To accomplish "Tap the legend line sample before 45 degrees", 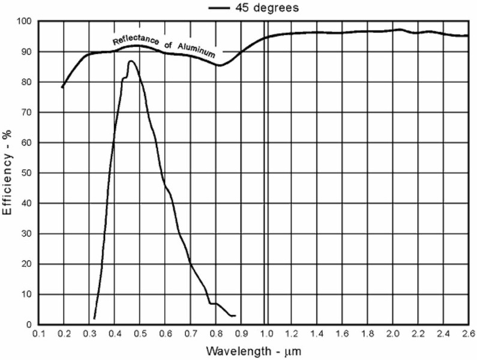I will coord(220,8).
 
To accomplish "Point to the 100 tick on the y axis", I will coord(24,22).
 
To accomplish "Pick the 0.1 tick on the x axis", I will coord(40,334).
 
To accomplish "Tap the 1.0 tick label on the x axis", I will coord(266,334).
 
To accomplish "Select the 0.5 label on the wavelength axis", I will coord(140,334).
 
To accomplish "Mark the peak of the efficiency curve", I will coord(130,61).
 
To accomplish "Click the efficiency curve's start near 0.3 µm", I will coord(95,318).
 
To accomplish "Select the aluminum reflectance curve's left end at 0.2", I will coord(62,88).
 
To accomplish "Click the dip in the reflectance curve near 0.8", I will coord(220,65).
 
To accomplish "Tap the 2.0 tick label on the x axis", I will coord(392,334).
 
